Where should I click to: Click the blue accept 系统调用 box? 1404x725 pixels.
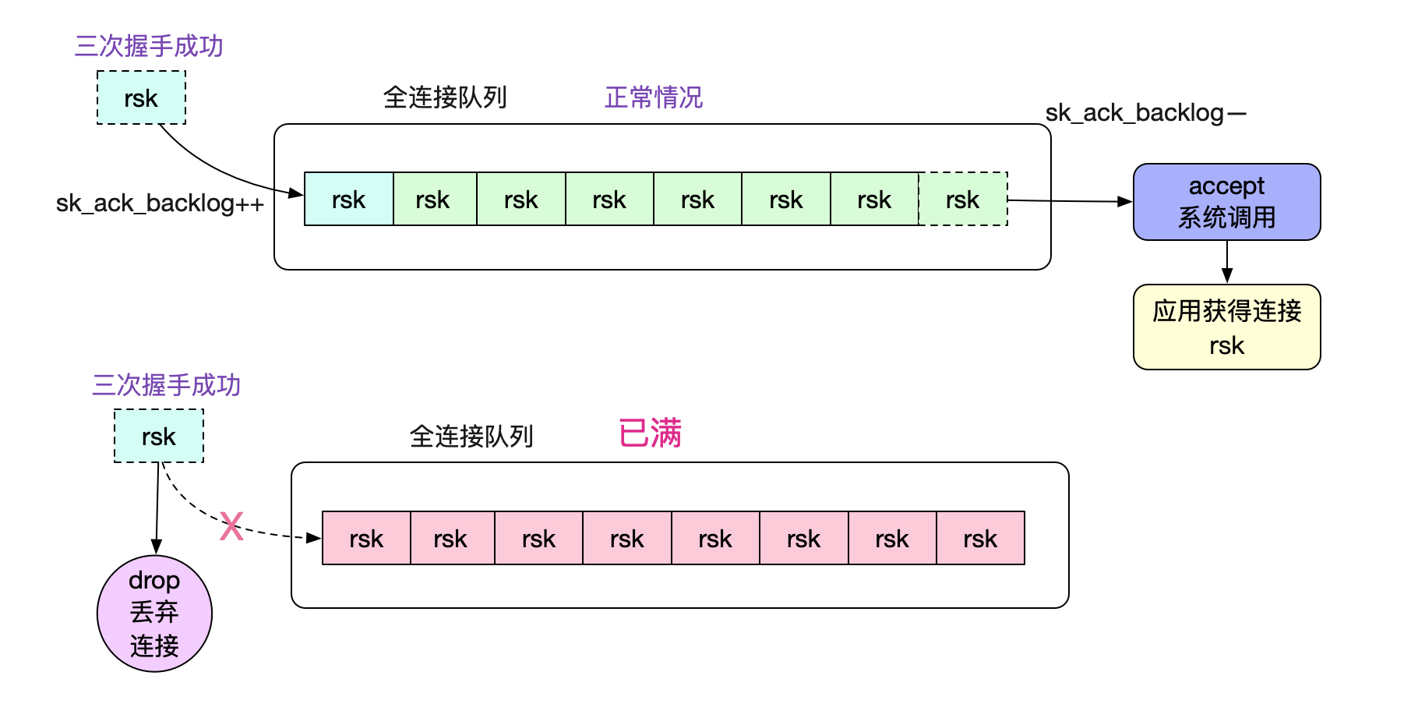(x=1226, y=202)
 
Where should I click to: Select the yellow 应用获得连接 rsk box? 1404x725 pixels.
(x=1226, y=327)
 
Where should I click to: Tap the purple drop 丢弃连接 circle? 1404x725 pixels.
(x=154, y=614)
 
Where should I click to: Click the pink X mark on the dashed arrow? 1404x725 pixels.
(x=231, y=526)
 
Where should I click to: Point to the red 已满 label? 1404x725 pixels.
(x=650, y=433)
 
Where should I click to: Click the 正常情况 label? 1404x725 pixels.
(x=654, y=97)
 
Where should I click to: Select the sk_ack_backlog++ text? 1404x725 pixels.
(x=160, y=203)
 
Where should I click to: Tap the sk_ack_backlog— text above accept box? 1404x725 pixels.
(x=1146, y=113)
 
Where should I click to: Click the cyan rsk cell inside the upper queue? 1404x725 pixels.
(x=348, y=200)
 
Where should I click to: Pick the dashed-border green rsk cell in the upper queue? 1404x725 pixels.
(x=963, y=200)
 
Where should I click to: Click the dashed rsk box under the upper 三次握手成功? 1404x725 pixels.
(x=141, y=98)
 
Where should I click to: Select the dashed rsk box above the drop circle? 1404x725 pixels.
(x=159, y=437)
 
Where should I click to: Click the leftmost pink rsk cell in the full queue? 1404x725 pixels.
(x=366, y=538)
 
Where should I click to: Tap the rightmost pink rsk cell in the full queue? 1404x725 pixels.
(x=980, y=538)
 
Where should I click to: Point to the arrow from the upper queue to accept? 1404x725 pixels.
(x=1071, y=201)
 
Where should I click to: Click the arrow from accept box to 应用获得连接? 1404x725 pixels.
(x=1227, y=262)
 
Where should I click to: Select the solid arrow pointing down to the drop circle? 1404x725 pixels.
(x=157, y=508)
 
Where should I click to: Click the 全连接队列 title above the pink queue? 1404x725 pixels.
(x=471, y=436)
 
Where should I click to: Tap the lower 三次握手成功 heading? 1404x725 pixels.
(x=167, y=385)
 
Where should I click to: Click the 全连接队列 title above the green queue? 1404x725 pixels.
(x=445, y=97)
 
